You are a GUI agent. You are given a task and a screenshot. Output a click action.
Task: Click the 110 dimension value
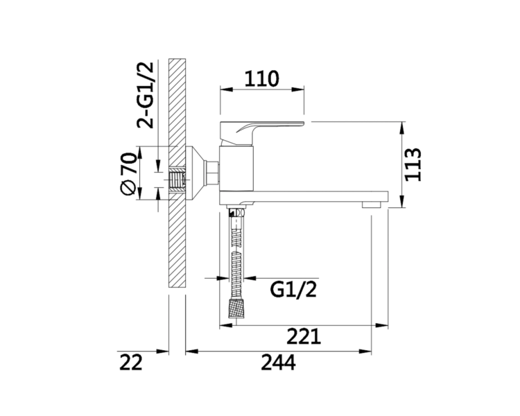(261, 78)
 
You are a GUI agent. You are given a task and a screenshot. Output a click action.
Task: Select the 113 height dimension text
(413, 164)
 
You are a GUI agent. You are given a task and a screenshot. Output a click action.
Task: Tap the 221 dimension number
(304, 336)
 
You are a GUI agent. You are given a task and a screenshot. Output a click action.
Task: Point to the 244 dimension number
(278, 362)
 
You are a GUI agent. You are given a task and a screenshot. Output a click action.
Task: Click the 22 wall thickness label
(130, 362)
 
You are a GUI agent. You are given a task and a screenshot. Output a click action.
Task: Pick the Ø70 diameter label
(128, 173)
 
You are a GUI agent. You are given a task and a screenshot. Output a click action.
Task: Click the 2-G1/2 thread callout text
(146, 95)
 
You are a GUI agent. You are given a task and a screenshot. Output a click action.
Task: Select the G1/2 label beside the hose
(293, 289)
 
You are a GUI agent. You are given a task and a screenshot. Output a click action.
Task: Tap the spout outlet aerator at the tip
(372, 205)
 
